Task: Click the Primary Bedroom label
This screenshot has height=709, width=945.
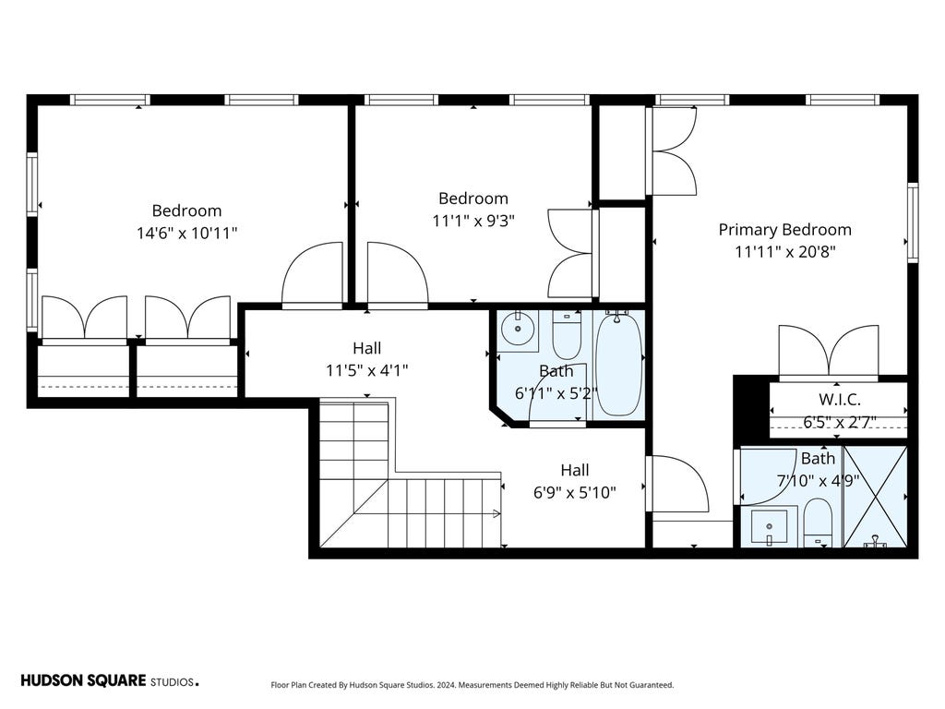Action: pos(784,230)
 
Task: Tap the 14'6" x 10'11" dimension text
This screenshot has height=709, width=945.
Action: pos(186,234)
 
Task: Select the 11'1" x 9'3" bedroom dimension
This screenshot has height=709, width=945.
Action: pos(473,222)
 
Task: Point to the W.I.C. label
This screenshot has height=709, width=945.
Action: pos(839,399)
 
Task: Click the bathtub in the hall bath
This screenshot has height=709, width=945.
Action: pos(619,363)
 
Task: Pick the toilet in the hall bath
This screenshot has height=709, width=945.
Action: pos(567,334)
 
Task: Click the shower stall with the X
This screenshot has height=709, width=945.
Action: pos(875,496)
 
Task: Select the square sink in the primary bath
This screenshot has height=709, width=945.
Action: pos(769,527)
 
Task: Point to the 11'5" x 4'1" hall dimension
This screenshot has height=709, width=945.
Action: pos(367,370)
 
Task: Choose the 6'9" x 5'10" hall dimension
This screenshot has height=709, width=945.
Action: pos(574,493)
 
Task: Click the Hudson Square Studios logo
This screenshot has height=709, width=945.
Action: pos(110,681)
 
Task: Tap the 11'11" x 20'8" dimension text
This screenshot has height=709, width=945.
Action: pos(784,252)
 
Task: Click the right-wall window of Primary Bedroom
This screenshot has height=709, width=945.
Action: pos(913,222)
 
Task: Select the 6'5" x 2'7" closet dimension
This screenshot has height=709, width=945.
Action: pos(839,422)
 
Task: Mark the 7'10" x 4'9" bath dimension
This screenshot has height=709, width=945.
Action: pos(818,481)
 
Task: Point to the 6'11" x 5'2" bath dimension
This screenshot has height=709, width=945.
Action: pos(556,393)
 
